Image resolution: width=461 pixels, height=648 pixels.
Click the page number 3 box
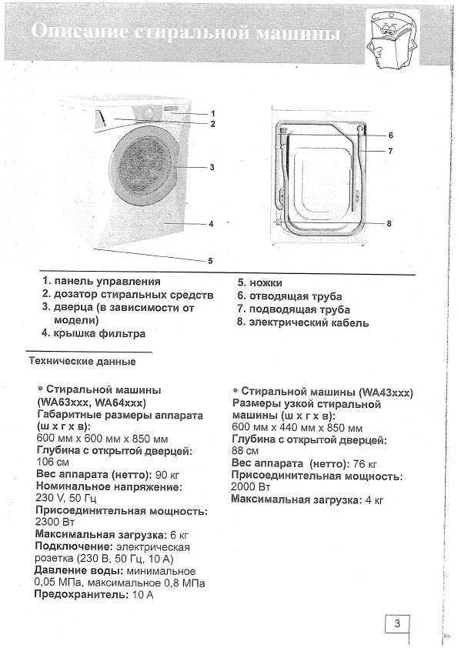pyautogui.click(x=397, y=624)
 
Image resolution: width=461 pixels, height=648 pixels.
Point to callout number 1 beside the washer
pyautogui.click(x=212, y=113)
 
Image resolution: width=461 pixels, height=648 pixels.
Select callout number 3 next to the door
pyautogui.click(x=212, y=167)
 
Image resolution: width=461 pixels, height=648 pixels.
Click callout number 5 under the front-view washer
pyautogui.click(x=210, y=260)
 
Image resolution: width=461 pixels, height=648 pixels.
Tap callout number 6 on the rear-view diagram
pyautogui.click(x=390, y=135)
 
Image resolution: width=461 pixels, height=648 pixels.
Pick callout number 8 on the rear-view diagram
pyautogui.click(x=389, y=223)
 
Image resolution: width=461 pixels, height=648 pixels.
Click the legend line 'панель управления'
pyautogui.click(x=107, y=282)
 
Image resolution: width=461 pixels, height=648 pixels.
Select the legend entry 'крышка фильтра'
pyautogui.click(x=99, y=334)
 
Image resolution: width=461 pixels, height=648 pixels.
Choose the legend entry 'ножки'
pyautogui.click(x=266, y=282)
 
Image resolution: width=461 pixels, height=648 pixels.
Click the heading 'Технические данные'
pyautogui.click(x=82, y=361)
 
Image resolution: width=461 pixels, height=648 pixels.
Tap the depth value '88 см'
pyautogui.click(x=245, y=451)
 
